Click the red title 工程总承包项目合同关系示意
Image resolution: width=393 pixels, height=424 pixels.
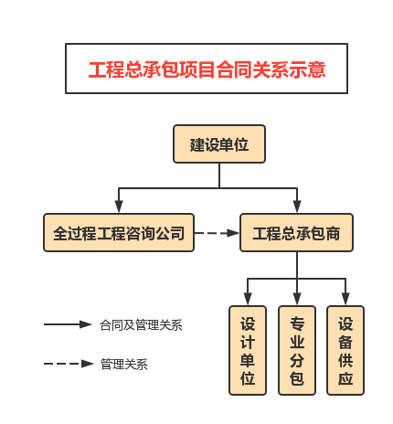207,69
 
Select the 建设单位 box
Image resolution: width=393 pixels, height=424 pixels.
219,143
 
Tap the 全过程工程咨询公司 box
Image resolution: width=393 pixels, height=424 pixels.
119,233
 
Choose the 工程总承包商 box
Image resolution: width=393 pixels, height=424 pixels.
296,233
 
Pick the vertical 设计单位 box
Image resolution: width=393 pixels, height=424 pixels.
248,351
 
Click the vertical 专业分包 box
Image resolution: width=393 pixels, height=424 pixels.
297,351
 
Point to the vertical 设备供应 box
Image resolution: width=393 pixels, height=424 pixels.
345,351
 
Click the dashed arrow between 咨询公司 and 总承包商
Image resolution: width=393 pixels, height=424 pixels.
217,233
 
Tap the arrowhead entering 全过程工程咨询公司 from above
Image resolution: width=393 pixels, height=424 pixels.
119,207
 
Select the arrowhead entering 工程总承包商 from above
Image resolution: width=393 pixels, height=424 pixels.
297,207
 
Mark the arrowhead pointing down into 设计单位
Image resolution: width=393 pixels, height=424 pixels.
248,299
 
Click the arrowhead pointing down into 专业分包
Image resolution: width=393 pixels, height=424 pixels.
297,299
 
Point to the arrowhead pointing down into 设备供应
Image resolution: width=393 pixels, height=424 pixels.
345,299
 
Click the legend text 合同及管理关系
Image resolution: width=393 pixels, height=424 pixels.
141,325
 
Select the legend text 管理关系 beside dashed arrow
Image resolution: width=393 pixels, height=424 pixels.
124,364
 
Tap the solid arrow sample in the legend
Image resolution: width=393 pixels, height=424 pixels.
68,324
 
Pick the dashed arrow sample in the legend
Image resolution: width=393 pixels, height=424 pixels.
69,364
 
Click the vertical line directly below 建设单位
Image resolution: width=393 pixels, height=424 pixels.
219,175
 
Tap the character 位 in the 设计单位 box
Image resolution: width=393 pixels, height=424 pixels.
248,378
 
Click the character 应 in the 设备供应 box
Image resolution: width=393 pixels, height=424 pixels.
345,378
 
